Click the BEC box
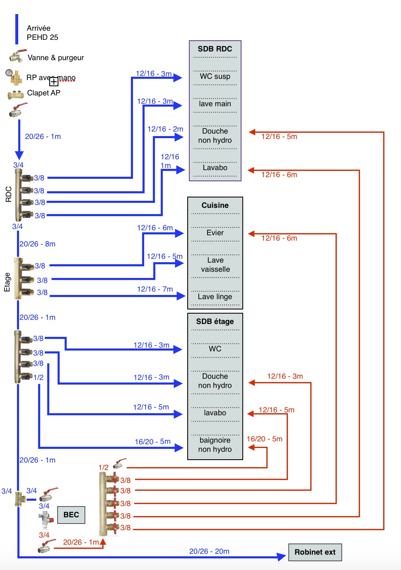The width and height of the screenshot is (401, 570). [x=71, y=515]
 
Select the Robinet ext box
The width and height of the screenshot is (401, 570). [x=315, y=552]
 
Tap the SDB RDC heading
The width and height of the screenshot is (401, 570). [x=215, y=49]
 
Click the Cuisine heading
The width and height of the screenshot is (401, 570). [x=215, y=205]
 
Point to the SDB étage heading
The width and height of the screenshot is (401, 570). [x=215, y=322]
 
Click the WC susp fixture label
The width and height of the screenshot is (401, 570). [x=215, y=76]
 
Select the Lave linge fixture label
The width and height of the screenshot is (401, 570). [x=215, y=297]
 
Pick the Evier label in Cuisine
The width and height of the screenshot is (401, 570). [x=215, y=233]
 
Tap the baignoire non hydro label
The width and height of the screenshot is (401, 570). [x=215, y=445]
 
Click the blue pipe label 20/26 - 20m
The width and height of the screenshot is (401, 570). [x=209, y=551]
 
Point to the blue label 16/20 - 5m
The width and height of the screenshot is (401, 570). [x=152, y=442]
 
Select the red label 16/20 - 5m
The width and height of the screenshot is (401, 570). [x=264, y=439]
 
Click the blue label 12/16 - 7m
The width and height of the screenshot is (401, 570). [x=155, y=289]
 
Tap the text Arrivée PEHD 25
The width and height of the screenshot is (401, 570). [x=42, y=33]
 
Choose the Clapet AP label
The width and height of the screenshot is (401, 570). [x=43, y=93]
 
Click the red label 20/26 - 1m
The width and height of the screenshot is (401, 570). [x=81, y=542]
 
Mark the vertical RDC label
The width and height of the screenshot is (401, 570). [x=9, y=194]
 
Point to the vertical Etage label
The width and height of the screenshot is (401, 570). [x=7, y=282]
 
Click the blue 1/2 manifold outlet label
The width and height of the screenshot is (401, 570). [x=39, y=378]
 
